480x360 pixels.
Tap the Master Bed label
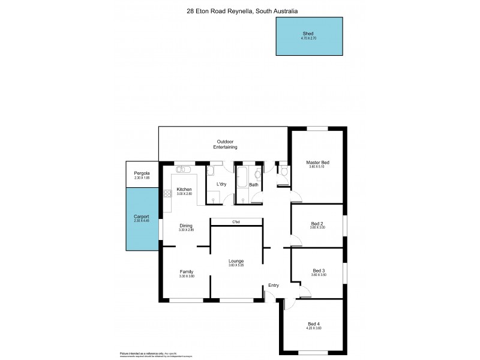tap(317, 163)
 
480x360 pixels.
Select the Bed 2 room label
tap(317, 224)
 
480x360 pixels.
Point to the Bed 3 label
tap(317, 271)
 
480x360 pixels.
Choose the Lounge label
tap(235, 261)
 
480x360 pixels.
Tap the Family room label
tap(186, 272)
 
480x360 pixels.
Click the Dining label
tap(186, 226)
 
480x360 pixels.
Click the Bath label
tap(254, 185)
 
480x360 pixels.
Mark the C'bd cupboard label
tap(236, 222)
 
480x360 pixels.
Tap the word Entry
tap(274, 285)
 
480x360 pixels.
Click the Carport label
tap(141, 217)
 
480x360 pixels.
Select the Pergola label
tap(141, 173)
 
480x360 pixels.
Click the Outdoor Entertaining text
tap(227, 144)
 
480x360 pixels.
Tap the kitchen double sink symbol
tap(184, 169)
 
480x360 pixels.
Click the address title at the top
tap(242, 11)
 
